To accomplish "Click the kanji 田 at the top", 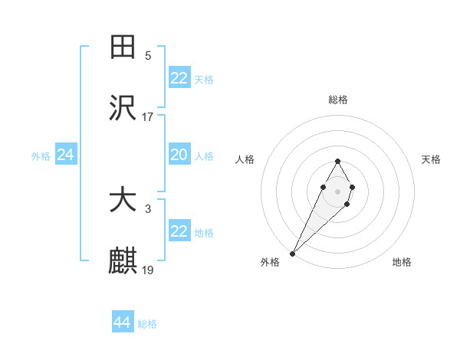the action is click(123, 47).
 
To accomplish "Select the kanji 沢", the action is click(123, 108).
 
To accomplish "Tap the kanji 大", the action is click(123, 200).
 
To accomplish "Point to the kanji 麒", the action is click(123, 261).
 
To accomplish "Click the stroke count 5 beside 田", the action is click(148, 55).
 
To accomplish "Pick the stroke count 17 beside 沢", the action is click(148, 116).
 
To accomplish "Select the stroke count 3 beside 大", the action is click(148, 208).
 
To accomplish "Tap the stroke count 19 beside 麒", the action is click(148, 270).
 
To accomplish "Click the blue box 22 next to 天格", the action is click(179, 78).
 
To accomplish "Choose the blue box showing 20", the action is click(179, 155).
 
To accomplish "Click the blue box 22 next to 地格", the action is click(179, 231).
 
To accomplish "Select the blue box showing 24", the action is click(66, 155).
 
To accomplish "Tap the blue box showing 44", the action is click(123, 322).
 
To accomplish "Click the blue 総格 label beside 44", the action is click(147, 324).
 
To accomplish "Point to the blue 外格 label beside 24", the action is click(41, 156).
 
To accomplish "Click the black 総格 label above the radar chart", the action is click(337, 100).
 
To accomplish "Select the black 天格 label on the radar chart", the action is click(431, 159).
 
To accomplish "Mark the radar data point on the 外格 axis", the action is click(292, 253).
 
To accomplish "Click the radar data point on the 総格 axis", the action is click(337, 161).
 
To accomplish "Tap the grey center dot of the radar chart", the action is click(337, 190).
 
